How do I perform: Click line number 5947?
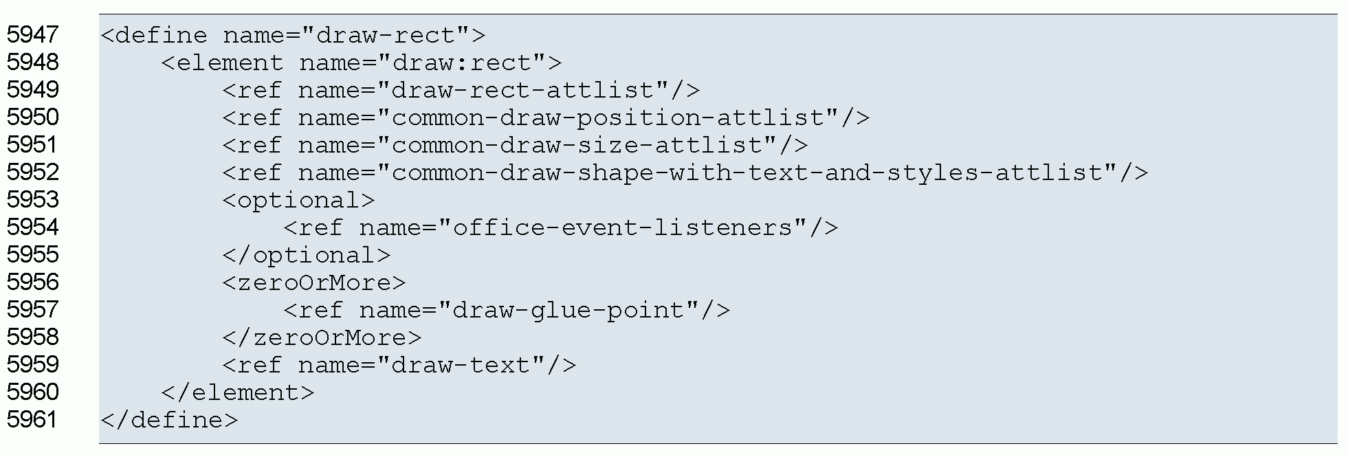coord(33,34)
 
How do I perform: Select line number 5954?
coord(33,227)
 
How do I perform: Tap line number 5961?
coord(33,419)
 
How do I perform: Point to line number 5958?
coord(33,337)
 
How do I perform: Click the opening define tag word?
coord(161,35)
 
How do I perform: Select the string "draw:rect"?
coord(461,63)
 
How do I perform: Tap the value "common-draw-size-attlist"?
coord(577,145)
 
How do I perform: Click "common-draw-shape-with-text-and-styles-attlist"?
coord(753,172)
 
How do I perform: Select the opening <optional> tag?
coord(299,200)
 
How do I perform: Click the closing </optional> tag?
coord(307,255)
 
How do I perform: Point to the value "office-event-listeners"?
coord(623,227)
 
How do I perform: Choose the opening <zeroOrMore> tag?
coord(314,282)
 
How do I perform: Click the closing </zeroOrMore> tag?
coord(322,337)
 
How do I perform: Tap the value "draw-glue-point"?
coord(568,310)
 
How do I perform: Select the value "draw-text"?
coord(461,365)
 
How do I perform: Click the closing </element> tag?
coord(237,392)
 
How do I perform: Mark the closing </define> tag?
coord(169,420)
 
